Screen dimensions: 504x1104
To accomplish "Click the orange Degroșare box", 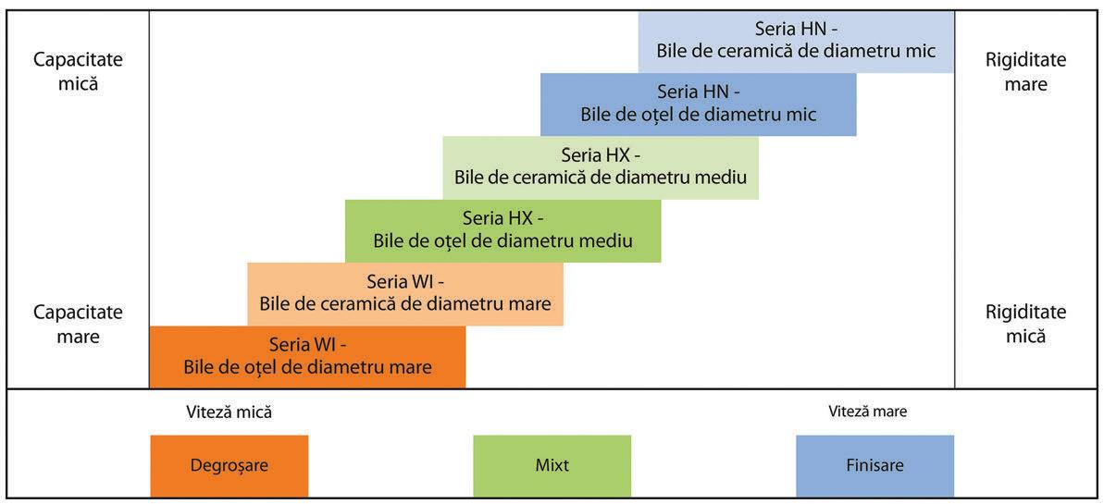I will pyautogui.click(x=229, y=465).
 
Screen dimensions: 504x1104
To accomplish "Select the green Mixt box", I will pyautogui.click(x=552, y=465).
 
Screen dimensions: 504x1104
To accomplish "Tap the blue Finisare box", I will pyautogui.click(x=875, y=465).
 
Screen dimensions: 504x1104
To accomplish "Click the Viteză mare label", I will pyautogui.click(x=867, y=412).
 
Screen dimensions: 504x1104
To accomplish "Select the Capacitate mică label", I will pyautogui.click(x=78, y=71).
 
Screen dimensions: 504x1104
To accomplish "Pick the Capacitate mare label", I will pyautogui.click(x=78, y=324).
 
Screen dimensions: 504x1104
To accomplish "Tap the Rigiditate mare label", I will pyautogui.click(x=1025, y=71).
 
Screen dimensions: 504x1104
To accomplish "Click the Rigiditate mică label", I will pyautogui.click(x=1025, y=324).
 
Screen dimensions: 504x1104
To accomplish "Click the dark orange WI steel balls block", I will pyautogui.click(x=307, y=356).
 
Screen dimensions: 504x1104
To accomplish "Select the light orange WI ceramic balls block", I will pyautogui.click(x=405, y=293).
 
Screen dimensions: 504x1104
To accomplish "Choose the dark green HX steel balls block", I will pyautogui.click(x=502, y=230).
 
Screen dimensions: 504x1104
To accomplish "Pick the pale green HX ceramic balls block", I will pyautogui.click(x=601, y=167).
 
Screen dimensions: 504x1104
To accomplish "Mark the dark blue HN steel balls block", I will pyautogui.click(x=699, y=104).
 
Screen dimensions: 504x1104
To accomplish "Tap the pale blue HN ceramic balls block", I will pyautogui.click(x=796, y=41).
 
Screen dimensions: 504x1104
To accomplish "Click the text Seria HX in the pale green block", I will pyautogui.click(x=596, y=155).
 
